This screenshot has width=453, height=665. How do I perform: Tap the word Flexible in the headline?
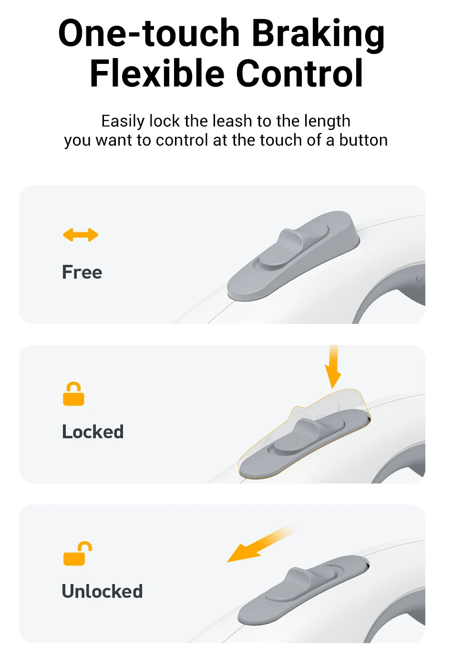click(x=157, y=73)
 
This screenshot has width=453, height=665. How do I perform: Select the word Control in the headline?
click(x=299, y=73)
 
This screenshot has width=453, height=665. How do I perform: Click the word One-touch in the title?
click(x=149, y=33)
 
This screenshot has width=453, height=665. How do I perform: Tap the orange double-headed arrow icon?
click(x=80, y=235)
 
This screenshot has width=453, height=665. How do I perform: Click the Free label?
click(x=82, y=272)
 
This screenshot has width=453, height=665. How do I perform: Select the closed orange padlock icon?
click(x=73, y=393)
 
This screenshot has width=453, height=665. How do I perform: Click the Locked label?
click(x=93, y=432)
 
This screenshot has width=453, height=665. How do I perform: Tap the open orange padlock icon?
click(x=77, y=554)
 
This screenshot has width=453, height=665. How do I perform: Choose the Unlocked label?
click(x=102, y=591)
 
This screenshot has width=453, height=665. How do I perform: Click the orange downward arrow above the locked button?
click(x=333, y=367)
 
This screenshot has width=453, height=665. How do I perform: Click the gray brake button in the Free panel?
click(x=293, y=256)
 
